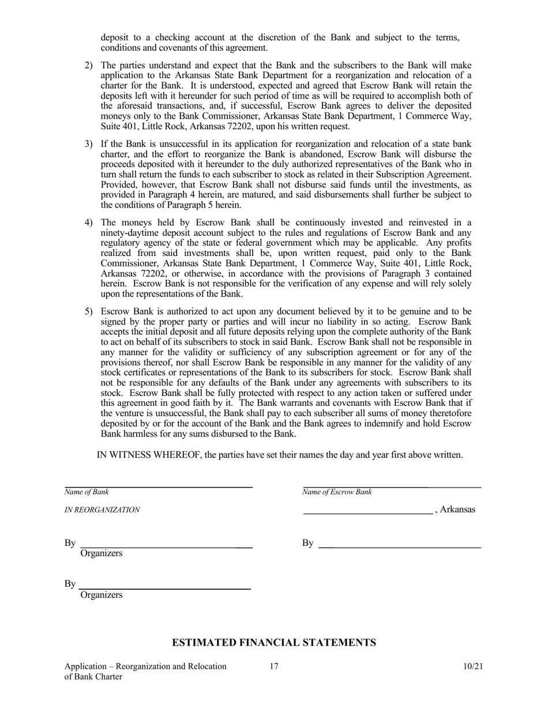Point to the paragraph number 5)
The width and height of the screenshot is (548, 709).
[x=89, y=312]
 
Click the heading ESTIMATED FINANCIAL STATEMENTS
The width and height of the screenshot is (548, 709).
[x=274, y=642]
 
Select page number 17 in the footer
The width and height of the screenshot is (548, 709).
[x=274, y=667]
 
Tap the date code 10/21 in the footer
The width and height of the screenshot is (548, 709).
[x=472, y=667]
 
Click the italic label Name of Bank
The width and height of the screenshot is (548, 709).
[x=87, y=492]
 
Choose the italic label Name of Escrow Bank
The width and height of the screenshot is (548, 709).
[x=337, y=492]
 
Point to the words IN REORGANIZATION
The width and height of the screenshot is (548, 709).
[x=102, y=510]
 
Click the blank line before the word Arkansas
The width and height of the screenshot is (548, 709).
[x=367, y=511]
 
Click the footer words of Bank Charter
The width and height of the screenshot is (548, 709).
[x=93, y=677]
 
